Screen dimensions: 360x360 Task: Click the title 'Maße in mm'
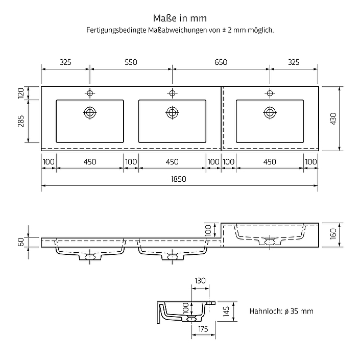click(180, 18)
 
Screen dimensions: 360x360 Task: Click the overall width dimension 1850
click(178, 179)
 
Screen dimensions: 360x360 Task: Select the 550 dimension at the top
click(131, 62)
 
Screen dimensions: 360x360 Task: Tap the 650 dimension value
click(221, 62)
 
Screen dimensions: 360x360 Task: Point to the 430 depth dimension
click(333, 118)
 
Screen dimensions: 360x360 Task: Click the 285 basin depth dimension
click(21, 121)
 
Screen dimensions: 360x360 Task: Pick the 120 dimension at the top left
click(21, 93)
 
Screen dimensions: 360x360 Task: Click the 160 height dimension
click(333, 234)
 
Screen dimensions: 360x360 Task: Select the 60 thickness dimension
click(21, 242)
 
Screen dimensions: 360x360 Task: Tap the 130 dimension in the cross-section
click(200, 280)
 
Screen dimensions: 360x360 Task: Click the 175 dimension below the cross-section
click(203, 329)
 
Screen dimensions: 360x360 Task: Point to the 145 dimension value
click(226, 311)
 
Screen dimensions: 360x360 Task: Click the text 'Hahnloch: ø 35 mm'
click(281, 311)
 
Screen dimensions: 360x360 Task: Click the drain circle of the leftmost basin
click(90, 112)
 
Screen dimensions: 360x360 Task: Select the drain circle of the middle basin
click(172, 112)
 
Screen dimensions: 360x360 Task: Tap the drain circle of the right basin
click(270, 112)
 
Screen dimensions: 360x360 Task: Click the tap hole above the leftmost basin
click(90, 93)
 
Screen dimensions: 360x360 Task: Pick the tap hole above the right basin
click(270, 93)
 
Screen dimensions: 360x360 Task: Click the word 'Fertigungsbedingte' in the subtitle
click(116, 30)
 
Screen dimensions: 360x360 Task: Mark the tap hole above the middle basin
click(172, 93)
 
